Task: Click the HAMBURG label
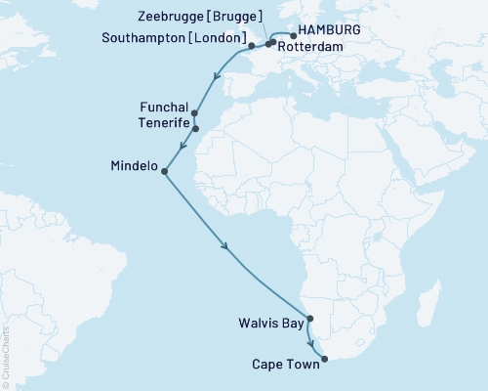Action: [x=333, y=30]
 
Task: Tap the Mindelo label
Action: [x=134, y=165]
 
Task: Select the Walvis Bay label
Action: [x=267, y=320]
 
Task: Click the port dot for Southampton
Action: [x=251, y=46]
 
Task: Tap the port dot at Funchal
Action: [x=195, y=113]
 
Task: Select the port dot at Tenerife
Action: [x=195, y=128]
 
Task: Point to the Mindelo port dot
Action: [x=164, y=172]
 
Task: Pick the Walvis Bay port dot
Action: [x=309, y=319]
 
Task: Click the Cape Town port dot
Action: [x=324, y=359]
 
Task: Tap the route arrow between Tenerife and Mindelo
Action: [x=182, y=150]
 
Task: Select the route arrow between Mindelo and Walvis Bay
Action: [x=227, y=247]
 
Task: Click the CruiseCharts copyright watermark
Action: [x=6, y=358]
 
